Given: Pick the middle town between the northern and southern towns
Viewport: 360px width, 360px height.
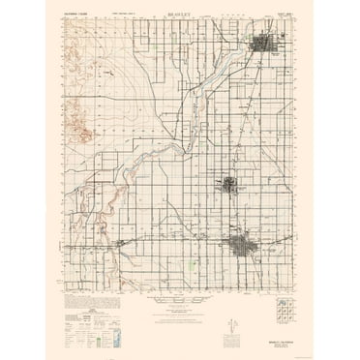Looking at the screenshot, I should point(229,184).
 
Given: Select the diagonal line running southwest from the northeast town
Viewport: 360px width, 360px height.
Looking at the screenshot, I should point(208,106).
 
